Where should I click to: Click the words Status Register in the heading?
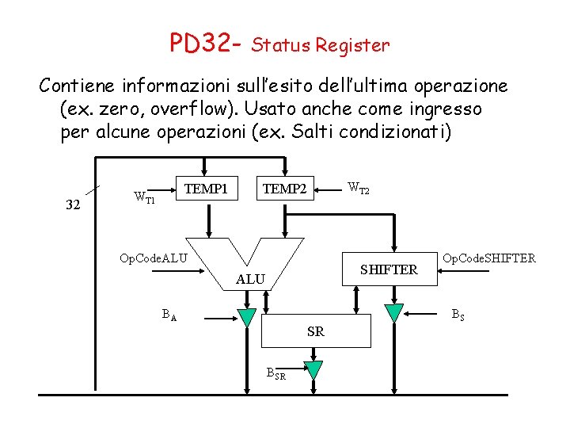(x=320, y=45)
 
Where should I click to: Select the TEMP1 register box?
(x=206, y=189)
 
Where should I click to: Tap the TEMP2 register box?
(x=284, y=189)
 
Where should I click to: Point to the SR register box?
(x=315, y=331)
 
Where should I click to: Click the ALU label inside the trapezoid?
(x=250, y=279)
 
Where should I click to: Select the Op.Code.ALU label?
(x=153, y=258)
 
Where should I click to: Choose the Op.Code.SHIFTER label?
(x=489, y=258)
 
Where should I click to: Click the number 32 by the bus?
(x=72, y=205)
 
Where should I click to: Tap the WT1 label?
(x=143, y=196)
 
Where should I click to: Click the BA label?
(x=169, y=315)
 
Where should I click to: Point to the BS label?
(x=458, y=313)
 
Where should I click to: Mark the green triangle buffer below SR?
(x=313, y=369)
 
